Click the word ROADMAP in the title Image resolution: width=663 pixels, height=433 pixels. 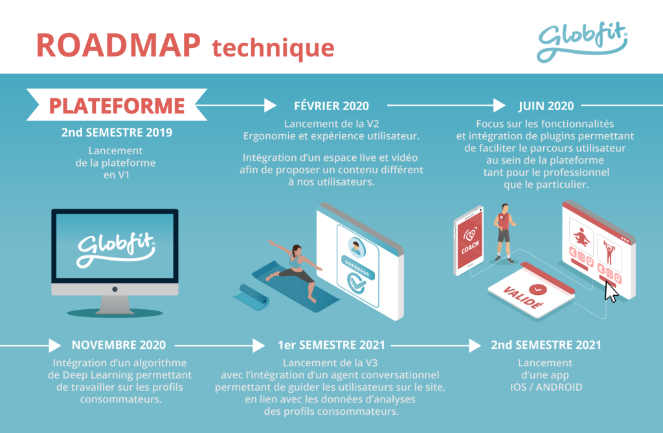tap(118, 45)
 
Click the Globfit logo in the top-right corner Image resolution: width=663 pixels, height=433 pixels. tap(582, 41)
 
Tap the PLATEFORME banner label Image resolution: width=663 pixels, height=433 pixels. tap(117, 106)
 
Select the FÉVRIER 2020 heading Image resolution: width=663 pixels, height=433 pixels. tap(331, 106)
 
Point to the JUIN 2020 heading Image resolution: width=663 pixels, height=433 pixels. tap(546, 106)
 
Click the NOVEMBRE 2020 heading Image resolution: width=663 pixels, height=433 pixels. tap(118, 345)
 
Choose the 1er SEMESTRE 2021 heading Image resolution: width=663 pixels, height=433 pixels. tap(331, 345)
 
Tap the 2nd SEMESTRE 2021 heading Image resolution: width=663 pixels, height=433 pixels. tap(546, 345)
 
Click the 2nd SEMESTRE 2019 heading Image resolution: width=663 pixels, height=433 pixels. tap(117, 132)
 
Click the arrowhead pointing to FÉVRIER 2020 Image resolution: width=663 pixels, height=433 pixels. tap(270, 106)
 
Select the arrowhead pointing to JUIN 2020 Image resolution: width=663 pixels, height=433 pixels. tap(499, 106)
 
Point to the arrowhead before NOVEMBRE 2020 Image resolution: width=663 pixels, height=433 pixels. tap(55, 345)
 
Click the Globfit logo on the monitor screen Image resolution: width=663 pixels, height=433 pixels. tap(116, 249)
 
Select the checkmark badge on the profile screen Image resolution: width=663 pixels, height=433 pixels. tap(356, 283)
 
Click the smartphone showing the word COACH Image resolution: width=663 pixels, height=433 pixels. tap(469, 240)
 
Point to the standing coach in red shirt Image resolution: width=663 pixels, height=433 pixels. tap(504, 233)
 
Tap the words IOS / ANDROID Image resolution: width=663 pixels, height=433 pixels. tap(546, 387)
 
